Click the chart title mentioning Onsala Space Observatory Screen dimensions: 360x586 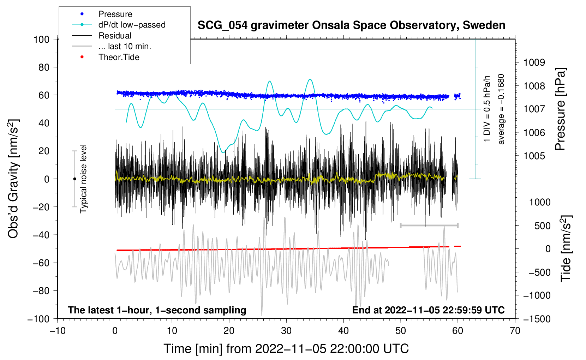(x=351, y=25)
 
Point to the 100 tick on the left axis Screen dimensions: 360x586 (x=41, y=39)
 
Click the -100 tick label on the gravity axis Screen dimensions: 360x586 (x=39, y=319)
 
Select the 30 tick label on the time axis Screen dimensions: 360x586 (x=286, y=331)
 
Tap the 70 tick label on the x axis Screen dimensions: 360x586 (x=515, y=331)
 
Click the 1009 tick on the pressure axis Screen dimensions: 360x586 (x=534, y=62)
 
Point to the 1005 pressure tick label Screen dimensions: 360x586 (x=534, y=156)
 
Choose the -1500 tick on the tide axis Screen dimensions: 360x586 (x=537, y=319)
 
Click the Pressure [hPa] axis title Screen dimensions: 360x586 (x=560, y=109)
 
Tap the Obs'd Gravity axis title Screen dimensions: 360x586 (x=13, y=179)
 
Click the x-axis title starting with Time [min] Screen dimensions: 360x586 (x=286, y=349)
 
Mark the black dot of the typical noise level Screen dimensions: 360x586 (x=74, y=179)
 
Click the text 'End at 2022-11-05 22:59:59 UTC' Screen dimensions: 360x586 (x=428, y=310)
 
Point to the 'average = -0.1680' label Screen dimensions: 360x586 (x=501, y=109)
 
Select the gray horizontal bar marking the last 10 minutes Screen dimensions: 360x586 (x=429, y=225)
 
